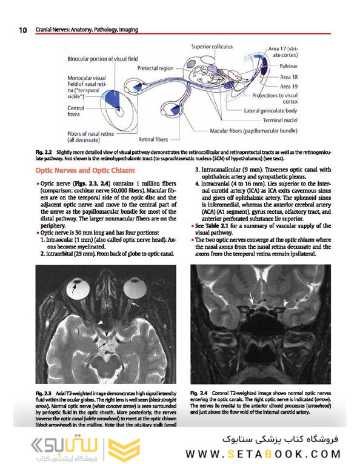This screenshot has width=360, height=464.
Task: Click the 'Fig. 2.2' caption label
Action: [44, 150]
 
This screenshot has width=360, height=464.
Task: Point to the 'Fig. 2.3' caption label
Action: [44, 396]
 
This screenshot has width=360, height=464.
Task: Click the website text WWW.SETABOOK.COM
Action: [264, 454]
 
